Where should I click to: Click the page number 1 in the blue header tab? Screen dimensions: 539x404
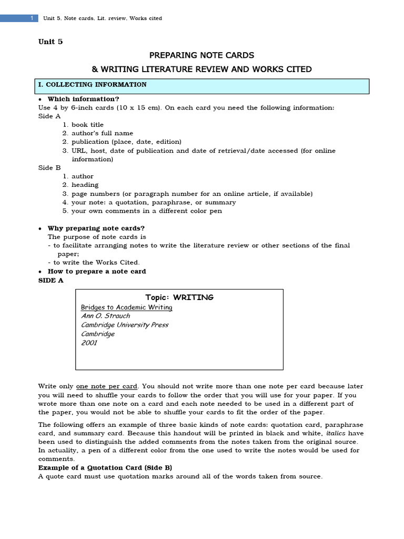[x=32, y=18]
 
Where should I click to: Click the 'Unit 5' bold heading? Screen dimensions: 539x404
[x=50, y=42]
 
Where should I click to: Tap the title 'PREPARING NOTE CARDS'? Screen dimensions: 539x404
[x=202, y=55]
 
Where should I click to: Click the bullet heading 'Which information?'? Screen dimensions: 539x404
[x=83, y=99]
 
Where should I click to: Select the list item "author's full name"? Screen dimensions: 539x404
[x=102, y=133]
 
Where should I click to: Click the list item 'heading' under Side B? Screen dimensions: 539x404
[x=85, y=185]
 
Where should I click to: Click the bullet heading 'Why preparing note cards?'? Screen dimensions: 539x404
[x=96, y=228]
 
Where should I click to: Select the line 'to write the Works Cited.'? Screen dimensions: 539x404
[x=96, y=262]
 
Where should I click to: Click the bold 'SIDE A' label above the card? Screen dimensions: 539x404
[x=50, y=280]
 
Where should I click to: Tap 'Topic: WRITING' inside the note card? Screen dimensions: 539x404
[x=179, y=297]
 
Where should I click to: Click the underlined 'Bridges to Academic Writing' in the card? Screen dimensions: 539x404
[x=126, y=307]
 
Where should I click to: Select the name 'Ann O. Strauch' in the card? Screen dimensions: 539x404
[x=105, y=316]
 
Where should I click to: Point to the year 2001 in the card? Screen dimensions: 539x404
[x=89, y=343]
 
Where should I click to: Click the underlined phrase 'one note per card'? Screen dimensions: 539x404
[x=107, y=386]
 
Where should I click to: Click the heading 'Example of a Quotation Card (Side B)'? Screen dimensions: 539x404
[x=105, y=467]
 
